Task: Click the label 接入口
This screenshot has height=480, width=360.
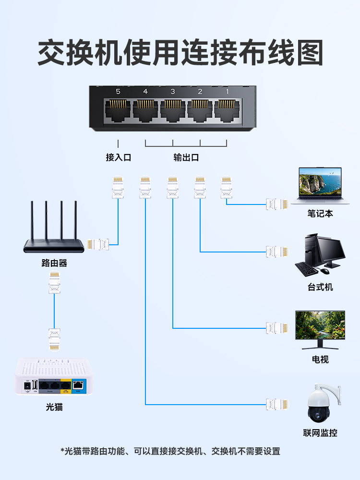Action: click(x=118, y=157)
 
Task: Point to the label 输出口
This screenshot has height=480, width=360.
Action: click(x=186, y=157)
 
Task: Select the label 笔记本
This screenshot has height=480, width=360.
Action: click(x=320, y=214)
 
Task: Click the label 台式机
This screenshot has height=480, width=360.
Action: click(x=320, y=287)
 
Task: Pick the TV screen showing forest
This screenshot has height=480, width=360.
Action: click(x=320, y=325)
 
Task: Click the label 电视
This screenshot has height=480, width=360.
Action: click(x=320, y=359)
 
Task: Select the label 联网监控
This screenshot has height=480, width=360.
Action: click(x=320, y=432)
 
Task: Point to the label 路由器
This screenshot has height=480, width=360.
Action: click(x=54, y=263)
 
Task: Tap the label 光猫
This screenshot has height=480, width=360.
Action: click(x=54, y=408)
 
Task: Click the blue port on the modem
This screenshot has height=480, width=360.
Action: click(x=78, y=385)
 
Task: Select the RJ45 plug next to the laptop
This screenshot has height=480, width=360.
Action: click(x=277, y=204)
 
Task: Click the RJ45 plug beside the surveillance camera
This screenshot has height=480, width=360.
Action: click(x=277, y=404)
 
